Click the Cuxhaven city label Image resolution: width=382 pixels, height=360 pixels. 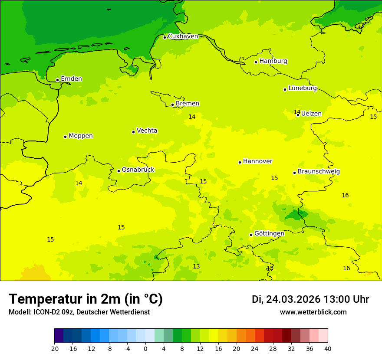click(x=183, y=36)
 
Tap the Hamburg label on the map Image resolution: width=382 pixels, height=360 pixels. click(x=273, y=61)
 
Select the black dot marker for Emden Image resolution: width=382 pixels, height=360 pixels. click(x=57, y=80)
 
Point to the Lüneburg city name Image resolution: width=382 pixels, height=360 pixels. click(x=302, y=88)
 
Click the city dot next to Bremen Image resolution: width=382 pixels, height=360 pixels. click(x=172, y=105)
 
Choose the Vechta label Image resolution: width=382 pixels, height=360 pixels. click(x=147, y=131)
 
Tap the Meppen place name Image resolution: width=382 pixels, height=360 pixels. click(x=80, y=136)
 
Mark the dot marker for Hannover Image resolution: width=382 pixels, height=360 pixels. click(x=240, y=162)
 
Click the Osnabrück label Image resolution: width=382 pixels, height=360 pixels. click(x=138, y=170)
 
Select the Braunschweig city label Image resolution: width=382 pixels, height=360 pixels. click(x=319, y=172)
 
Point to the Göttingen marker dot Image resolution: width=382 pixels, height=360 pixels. click(x=251, y=235)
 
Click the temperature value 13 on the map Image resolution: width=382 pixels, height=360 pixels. click(x=196, y=266)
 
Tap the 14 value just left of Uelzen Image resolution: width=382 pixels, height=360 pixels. click(x=296, y=112)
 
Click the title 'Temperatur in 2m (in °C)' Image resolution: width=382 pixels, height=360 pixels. click(x=86, y=299)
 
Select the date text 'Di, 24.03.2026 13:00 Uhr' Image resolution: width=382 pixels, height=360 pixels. click(x=310, y=299)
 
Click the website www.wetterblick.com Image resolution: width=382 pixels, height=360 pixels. click(x=313, y=312)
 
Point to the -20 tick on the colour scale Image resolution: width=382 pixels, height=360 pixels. click(x=54, y=349)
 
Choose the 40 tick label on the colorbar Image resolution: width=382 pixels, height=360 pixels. click(x=328, y=349)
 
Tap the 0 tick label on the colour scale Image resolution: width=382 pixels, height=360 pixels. click(x=145, y=349)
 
